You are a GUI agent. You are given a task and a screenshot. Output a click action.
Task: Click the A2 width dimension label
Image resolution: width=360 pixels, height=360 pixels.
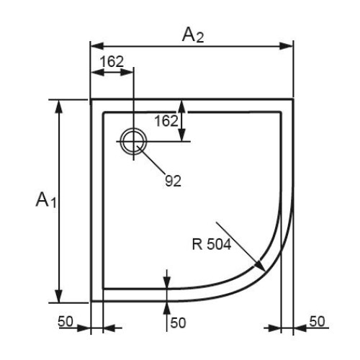193,35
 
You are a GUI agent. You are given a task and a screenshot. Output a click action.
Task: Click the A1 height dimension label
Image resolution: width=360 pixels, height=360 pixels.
46,199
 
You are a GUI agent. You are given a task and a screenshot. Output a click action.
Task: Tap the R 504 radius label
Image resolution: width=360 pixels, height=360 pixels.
212,245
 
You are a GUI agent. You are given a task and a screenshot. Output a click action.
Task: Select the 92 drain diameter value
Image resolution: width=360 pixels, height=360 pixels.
173,181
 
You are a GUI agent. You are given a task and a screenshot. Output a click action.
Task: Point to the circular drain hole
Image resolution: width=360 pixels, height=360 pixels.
133,141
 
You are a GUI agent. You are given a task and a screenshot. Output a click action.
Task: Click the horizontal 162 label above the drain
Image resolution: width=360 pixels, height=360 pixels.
112,62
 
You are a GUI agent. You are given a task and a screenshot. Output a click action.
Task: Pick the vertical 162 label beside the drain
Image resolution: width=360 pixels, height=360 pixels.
166,121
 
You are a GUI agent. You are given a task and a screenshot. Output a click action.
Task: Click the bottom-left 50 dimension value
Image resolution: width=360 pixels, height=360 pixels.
66,321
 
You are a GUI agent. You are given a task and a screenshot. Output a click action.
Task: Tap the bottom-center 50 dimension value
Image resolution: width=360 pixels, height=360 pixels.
178,323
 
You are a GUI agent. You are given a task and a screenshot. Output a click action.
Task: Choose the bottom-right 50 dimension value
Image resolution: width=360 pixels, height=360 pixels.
317,321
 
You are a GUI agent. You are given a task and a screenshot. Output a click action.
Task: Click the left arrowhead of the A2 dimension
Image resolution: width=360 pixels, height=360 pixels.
97,46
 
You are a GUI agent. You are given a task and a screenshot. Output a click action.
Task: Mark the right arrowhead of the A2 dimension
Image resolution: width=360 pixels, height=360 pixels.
287,46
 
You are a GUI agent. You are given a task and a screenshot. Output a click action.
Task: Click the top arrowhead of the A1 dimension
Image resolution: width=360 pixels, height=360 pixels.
59,107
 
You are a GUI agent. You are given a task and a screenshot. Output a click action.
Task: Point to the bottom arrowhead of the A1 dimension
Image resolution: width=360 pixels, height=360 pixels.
59,296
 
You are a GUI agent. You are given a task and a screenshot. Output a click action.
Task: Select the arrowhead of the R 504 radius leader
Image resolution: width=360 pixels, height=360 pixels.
259,266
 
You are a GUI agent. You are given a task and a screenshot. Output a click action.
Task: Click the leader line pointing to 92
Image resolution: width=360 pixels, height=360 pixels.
151,159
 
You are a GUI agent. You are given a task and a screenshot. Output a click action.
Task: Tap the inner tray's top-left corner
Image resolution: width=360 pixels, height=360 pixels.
104,112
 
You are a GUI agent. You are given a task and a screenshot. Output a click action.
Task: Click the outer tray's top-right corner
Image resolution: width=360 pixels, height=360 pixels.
293,99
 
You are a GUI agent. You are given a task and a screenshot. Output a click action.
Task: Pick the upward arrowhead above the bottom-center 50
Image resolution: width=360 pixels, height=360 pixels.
167,308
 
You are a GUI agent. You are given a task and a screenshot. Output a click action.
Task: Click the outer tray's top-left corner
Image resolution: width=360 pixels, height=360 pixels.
91,99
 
